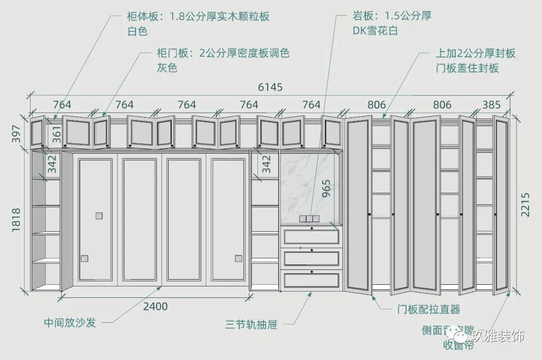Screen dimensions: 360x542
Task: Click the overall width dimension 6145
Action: (x=270, y=87)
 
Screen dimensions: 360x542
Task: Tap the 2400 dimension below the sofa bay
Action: (x=155, y=306)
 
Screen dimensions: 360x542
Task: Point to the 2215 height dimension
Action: (x=525, y=204)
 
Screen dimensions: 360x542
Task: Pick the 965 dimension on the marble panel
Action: (x=326, y=189)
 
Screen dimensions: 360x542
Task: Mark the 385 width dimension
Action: (x=491, y=105)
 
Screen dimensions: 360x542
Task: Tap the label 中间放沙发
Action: (x=70, y=322)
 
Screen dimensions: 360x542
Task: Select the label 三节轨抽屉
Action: (x=251, y=325)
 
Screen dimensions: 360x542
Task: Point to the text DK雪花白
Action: (x=374, y=31)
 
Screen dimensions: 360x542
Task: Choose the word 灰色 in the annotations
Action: (x=167, y=68)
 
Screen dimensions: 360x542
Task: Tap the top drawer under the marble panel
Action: (x=312, y=236)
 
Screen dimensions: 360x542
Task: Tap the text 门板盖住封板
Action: (x=467, y=68)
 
